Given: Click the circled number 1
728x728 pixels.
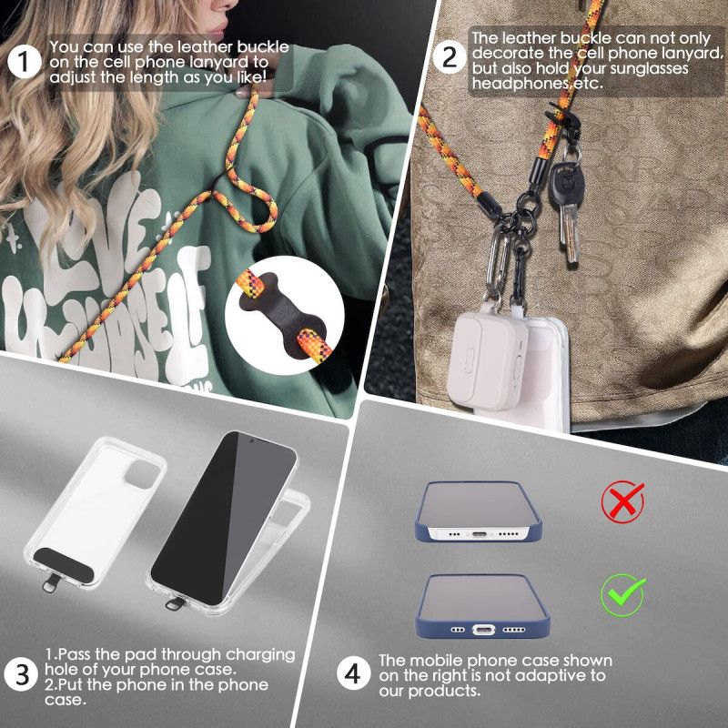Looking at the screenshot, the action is coord(25,62).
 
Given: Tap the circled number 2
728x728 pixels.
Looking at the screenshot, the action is coord(450,57).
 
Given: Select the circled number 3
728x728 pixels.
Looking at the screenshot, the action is coord(21,674).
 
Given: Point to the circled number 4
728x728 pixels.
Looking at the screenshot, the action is coord(353,673).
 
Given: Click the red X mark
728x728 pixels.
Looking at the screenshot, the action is coord(622,501).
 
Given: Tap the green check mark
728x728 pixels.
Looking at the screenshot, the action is coord(622,594).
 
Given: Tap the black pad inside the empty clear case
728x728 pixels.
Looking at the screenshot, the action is coord(65,564).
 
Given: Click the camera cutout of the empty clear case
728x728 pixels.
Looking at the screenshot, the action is coord(143,473).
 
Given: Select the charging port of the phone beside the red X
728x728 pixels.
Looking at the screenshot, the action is coord(480,534).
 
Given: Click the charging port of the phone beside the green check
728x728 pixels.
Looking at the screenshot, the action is coord(483,630).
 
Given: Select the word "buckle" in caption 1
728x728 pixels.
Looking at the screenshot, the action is coord(263,47).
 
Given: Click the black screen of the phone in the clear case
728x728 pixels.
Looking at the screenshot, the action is coord(224,517).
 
